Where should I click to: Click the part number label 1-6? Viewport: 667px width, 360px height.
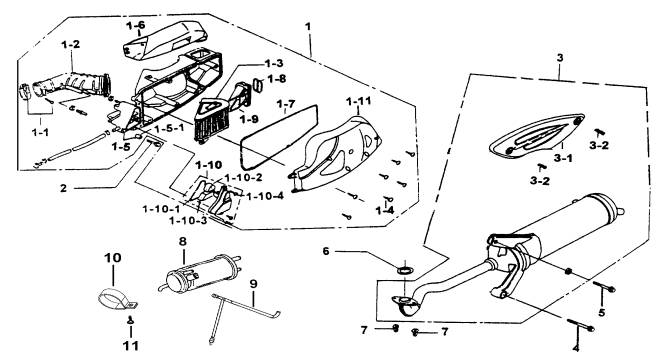(x=136, y=25)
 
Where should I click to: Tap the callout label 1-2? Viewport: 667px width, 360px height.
(x=71, y=44)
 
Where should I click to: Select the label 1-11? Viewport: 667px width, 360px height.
(x=358, y=101)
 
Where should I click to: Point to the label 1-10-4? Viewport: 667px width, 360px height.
(x=265, y=196)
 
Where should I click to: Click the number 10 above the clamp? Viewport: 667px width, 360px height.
(x=113, y=258)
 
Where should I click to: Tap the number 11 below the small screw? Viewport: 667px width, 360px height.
(x=131, y=345)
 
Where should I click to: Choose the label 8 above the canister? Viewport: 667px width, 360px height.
(x=182, y=242)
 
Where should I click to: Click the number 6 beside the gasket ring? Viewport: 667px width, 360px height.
(x=326, y=251)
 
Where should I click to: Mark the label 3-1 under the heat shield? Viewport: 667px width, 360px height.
(x=563, y=159)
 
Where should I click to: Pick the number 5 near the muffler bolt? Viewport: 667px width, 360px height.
(x=601, y=313)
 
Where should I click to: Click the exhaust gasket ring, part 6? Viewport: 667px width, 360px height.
(x=404, y=270)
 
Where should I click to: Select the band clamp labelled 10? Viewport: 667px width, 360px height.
(x=117, y=300)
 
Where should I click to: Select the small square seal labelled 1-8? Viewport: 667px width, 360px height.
(x=258, y=85)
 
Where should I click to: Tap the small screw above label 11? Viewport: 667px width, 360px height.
(x=130, y=320)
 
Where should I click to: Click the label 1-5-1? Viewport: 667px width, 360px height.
(x=169, y=129)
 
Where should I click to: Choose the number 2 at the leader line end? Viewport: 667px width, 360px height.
(x=63, y=188)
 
